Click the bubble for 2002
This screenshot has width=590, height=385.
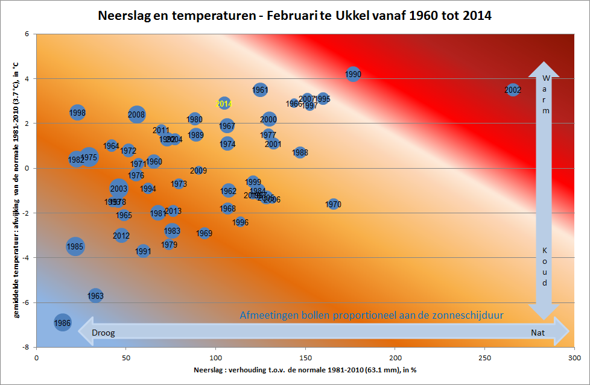tap(513, 90)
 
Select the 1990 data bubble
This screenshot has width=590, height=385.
tap(354, 74)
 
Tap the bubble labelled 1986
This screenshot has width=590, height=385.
tap(62, 323)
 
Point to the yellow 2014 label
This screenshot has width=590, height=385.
tap(224, 104)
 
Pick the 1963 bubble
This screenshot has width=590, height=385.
tap(95, 296)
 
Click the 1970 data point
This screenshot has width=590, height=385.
tap(334, 204)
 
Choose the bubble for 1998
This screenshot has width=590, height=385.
tap(77, 112)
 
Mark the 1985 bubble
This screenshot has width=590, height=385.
tap(75, 246)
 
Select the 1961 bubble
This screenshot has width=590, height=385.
tap(260, 90)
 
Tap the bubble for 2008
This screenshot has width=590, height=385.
tap(137, 114)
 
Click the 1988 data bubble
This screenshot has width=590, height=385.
tap(300, 152)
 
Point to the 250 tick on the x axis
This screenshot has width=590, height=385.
tap(484, 357)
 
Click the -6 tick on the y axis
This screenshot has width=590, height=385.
tap(27, 302)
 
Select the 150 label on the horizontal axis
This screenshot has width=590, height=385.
tap(305, 357)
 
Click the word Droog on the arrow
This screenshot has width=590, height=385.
tap(103, 332)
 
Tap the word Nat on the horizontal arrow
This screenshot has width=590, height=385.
tap(538, 332)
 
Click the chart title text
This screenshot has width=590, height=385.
tap(294, 16)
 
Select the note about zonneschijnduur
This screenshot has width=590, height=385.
tap(371, 315)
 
